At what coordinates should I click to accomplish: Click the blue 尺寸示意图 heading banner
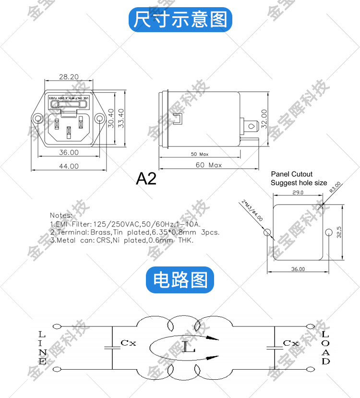coord(180,20)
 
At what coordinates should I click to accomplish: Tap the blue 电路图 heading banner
coord(180,279)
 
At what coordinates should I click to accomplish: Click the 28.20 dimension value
coord(69,76)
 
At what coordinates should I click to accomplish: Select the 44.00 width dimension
coord(69,166)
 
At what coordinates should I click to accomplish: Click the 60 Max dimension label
coord(208,165)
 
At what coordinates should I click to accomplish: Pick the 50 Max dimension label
coord(200,155)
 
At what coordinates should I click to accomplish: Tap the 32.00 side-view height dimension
coord(264,120)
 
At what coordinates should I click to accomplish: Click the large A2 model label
coord(146,179)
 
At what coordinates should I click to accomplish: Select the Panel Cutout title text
coord(291,174)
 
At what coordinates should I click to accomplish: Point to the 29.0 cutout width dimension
coord(298,193)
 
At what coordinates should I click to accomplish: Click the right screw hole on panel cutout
coord(328,233)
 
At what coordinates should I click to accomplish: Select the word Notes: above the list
coord(61,215)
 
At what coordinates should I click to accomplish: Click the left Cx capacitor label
coord(128,343)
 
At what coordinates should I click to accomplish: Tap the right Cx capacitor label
coord(290,343)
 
